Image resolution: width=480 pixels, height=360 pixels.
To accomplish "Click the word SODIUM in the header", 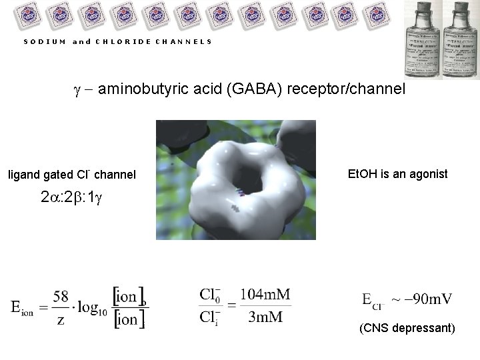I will coord(44,41).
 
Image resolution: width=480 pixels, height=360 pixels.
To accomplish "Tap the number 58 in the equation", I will coord(61,295).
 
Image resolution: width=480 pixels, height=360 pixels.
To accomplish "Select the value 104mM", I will coord(265,295).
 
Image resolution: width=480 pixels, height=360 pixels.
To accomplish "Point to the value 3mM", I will coord(265,317).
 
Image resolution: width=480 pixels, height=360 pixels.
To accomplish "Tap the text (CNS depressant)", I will coord(407,329).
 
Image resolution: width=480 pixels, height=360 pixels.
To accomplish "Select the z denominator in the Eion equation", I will coord(61,321).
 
